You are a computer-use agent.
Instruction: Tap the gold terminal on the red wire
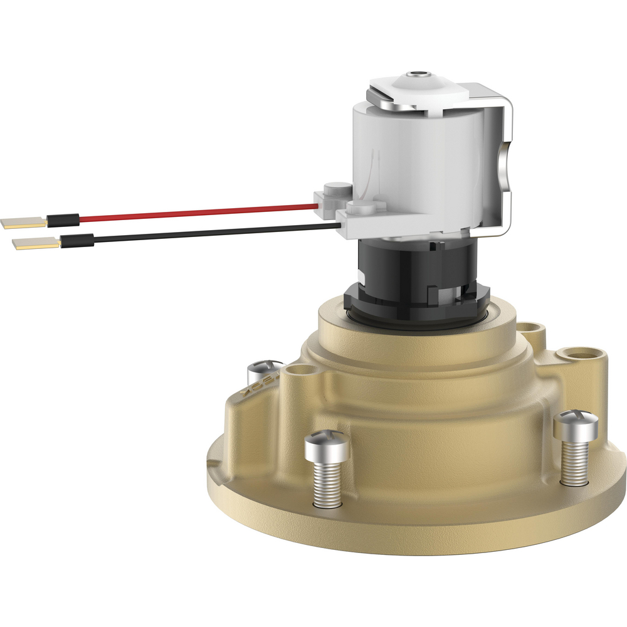[24, 221]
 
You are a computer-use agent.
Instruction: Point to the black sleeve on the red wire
[63, 219]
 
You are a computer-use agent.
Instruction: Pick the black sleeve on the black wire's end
[76, 240]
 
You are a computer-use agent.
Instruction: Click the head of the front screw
[327, 446]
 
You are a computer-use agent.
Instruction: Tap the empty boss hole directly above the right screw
[574, 354]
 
